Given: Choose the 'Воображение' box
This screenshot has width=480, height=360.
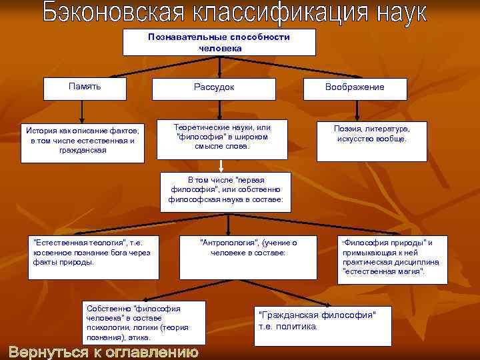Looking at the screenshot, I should pos(355,88).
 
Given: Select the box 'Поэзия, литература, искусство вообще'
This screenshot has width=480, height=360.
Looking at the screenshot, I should pos(372,140).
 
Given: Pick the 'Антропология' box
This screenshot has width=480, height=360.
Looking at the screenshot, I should pos(249,257).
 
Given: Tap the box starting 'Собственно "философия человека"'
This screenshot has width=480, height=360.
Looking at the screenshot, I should pos(139,322).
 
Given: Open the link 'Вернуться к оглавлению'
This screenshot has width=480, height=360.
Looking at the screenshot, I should pos(103,352).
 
